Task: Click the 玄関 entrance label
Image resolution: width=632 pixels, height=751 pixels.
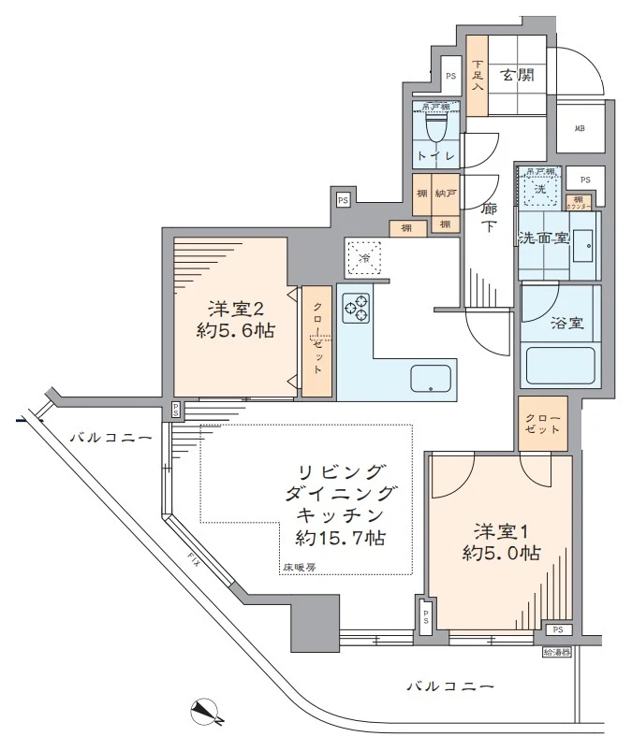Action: point(515,76)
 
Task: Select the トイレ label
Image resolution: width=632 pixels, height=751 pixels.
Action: point(436,155)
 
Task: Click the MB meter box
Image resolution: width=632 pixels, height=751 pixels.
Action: point(580,129)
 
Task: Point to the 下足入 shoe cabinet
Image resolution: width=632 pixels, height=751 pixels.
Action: point(478,76)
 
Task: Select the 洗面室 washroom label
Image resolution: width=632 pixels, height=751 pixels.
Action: point(544,238)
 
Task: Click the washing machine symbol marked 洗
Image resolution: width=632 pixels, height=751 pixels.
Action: point(539,188)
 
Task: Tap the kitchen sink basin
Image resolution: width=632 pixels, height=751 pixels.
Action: point(431,379)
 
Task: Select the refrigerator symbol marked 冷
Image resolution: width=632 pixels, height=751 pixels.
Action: point(364,256)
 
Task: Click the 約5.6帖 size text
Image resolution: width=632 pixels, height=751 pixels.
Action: point(236,330)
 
